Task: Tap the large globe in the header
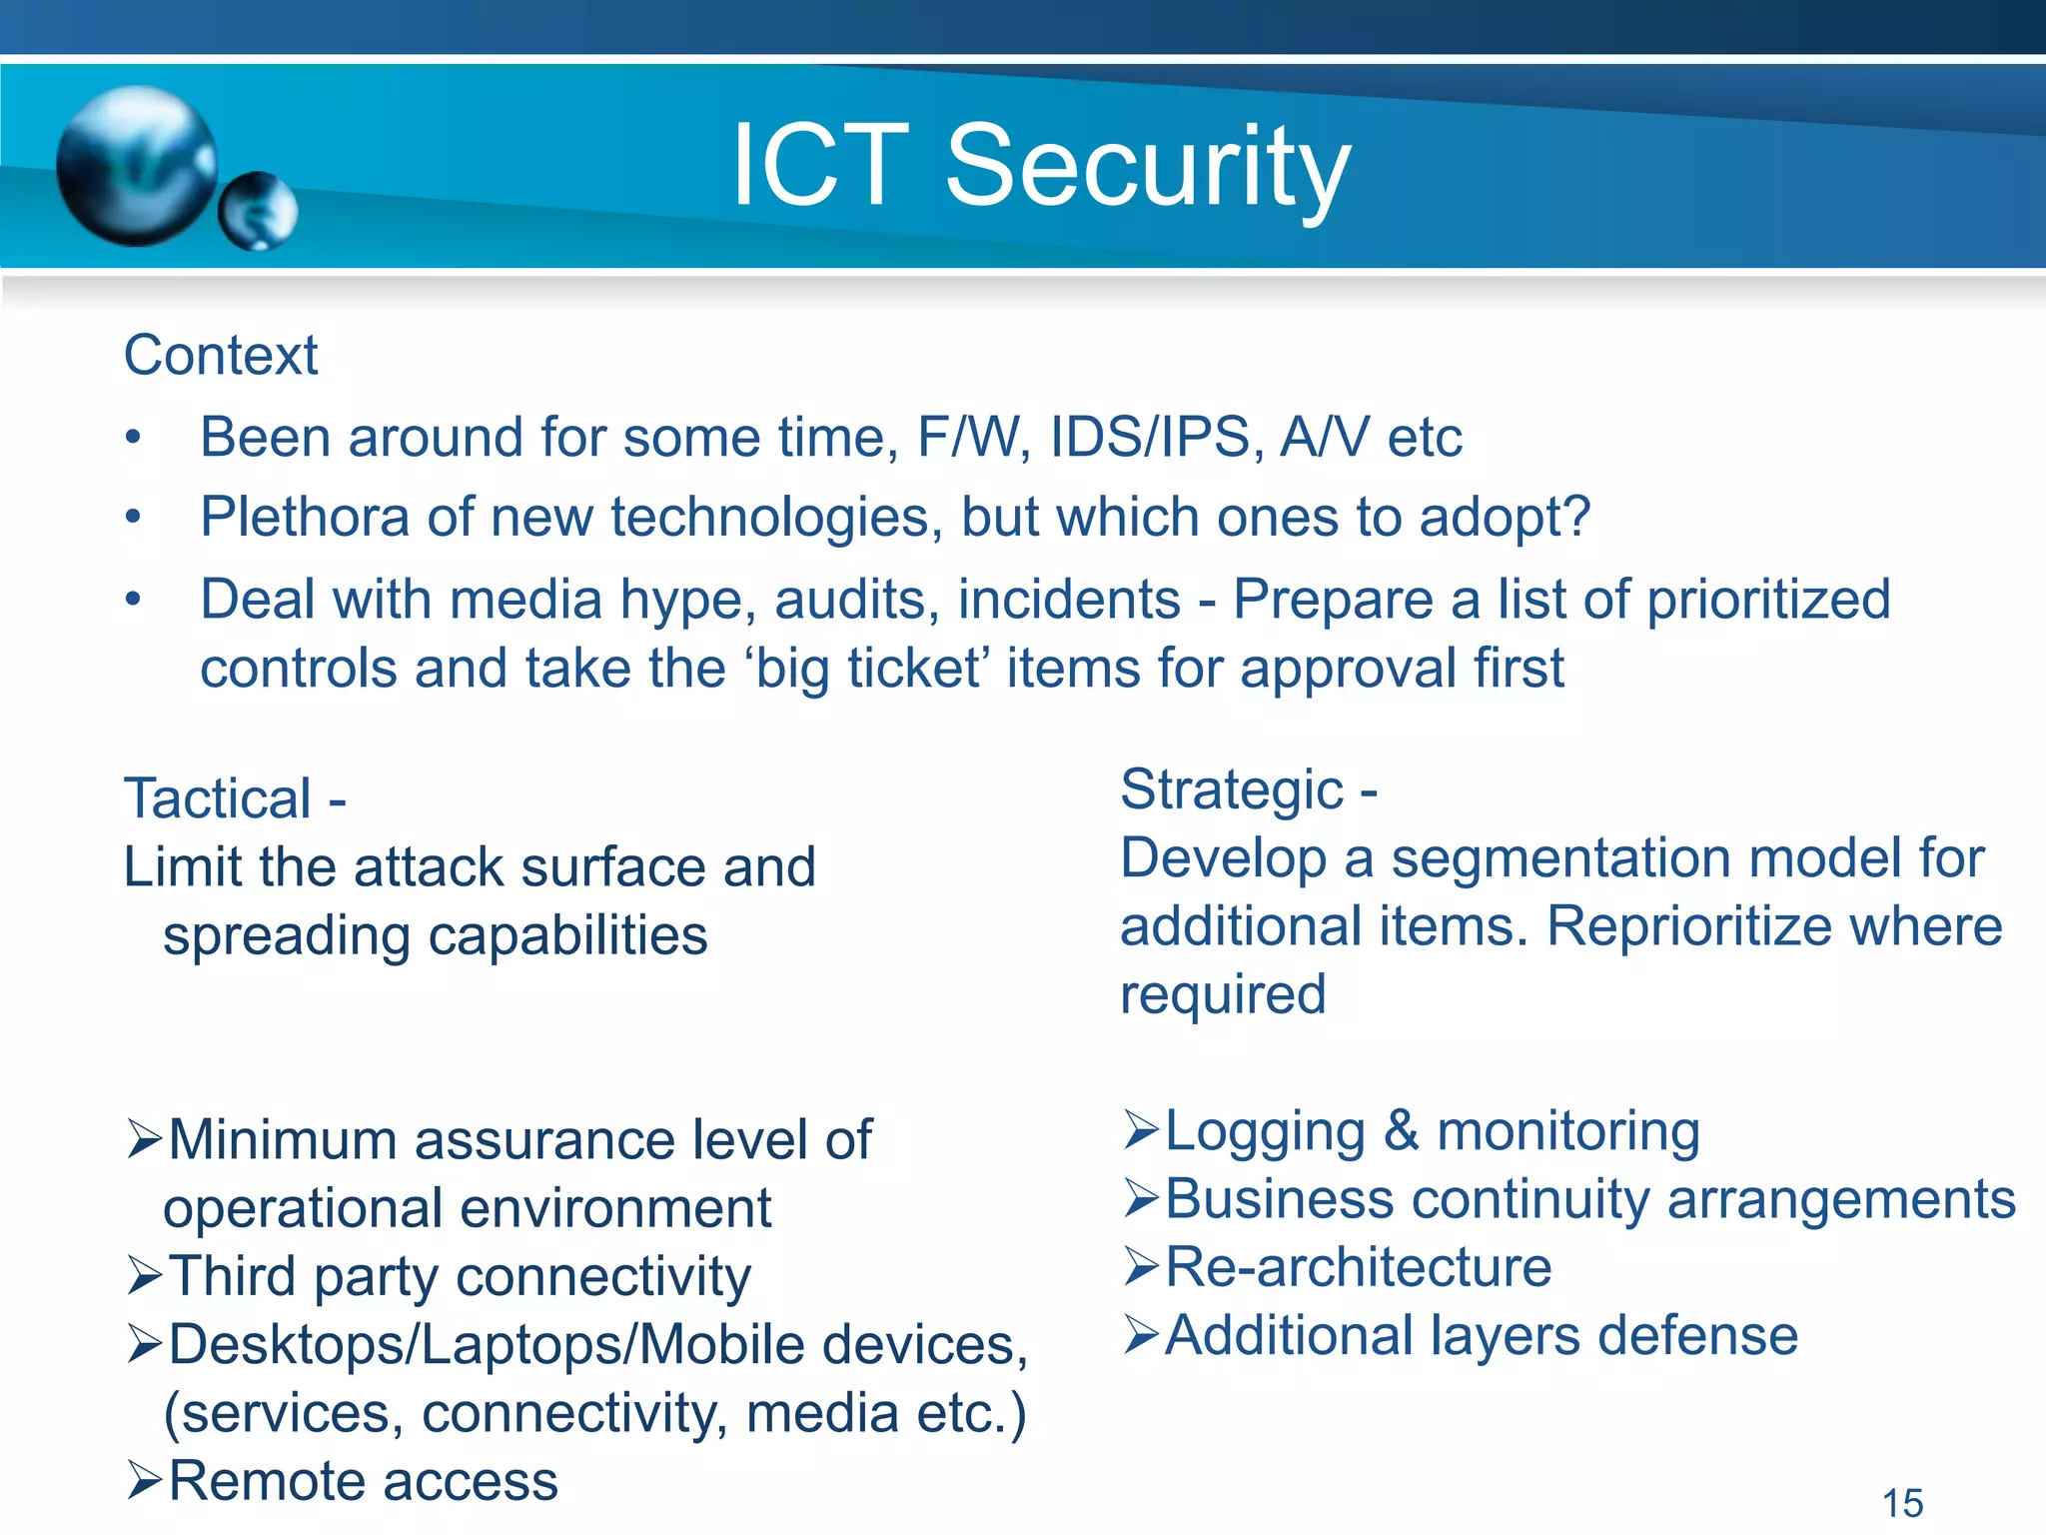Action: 137,165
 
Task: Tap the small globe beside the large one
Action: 258,211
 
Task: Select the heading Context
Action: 221,356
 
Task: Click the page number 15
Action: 1902,1503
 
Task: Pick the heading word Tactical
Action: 218,798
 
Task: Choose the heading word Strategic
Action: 1232,789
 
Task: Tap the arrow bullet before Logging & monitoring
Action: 1141,1130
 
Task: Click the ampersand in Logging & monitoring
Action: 1402,1130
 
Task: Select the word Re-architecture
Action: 1359,1267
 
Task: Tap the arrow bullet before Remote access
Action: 145,1480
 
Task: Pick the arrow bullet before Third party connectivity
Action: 145,1276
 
